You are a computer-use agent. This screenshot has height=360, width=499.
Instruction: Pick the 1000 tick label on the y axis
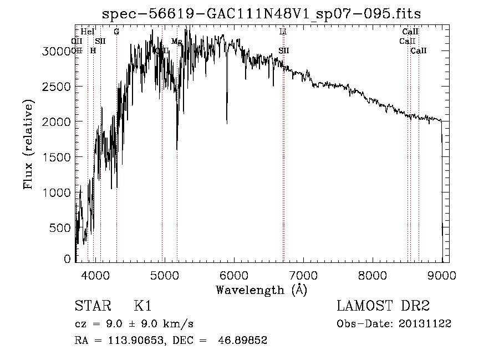click(x=60, y=192)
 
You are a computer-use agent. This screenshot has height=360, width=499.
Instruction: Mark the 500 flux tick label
click(x=63, y=227)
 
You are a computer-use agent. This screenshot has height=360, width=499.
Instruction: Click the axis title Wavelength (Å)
click(x=261, y=290)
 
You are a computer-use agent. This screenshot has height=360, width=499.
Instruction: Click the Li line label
click(x=283, y=32)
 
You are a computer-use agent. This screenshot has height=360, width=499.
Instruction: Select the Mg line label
click(x=176, y=42)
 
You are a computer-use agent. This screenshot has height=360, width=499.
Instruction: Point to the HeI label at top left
click(x=88, y=32)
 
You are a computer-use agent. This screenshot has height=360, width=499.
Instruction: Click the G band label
click(x=116, y=32)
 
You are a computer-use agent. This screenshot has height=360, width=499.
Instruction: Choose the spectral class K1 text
click(x=142, y=306)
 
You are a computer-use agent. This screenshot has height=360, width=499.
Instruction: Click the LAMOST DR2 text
click(x=383, y=306)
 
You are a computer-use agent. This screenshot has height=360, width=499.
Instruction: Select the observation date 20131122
click(x=426, y=323)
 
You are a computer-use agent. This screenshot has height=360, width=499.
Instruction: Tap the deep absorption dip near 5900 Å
click(x=227, y=119)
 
